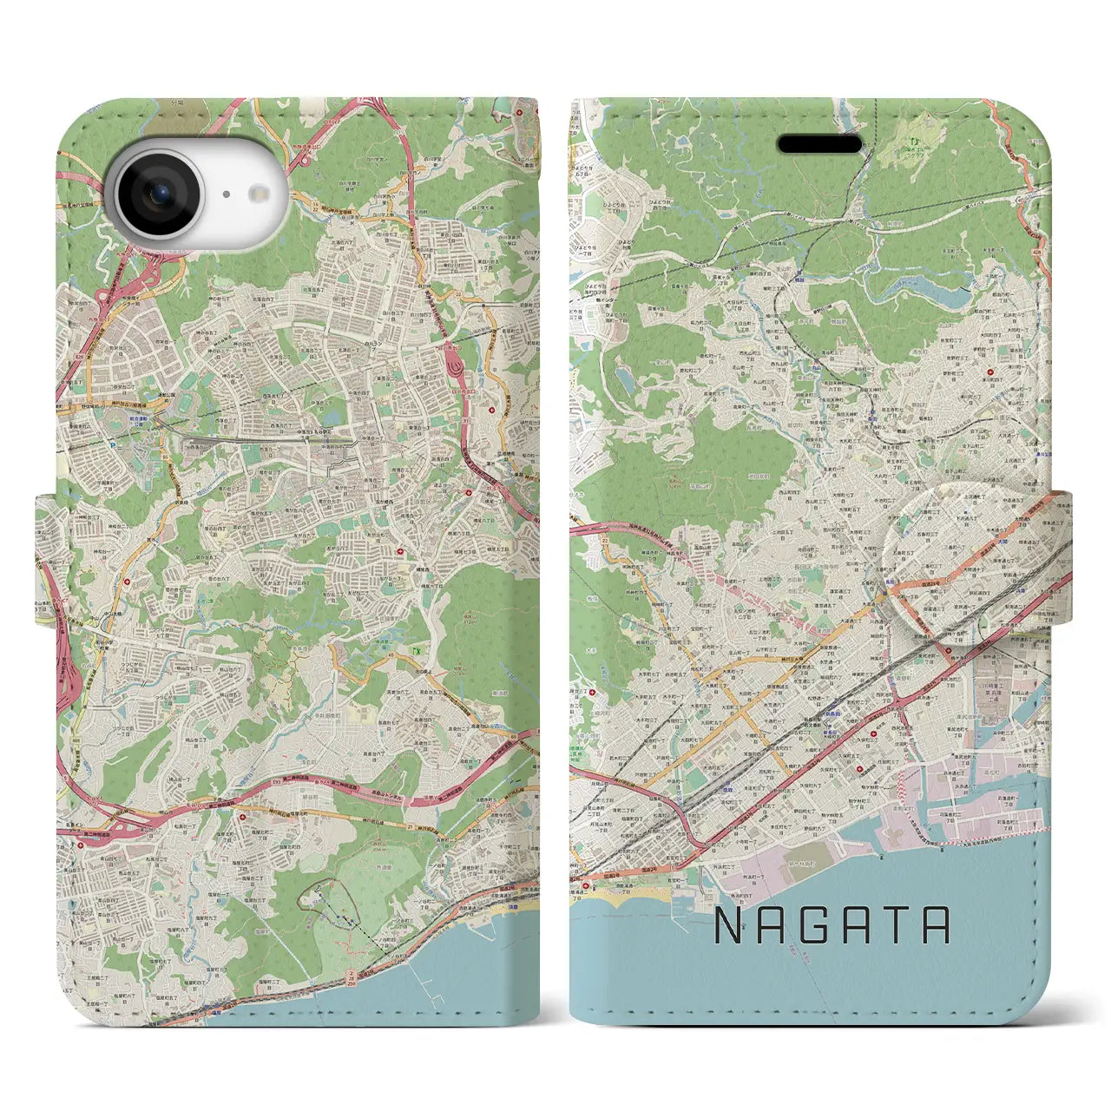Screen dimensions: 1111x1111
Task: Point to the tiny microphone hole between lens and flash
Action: [x=225, y=195]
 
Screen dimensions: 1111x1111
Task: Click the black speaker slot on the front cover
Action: [x=818, y=144]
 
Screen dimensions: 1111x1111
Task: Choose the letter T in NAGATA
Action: [x=893, y=926]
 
